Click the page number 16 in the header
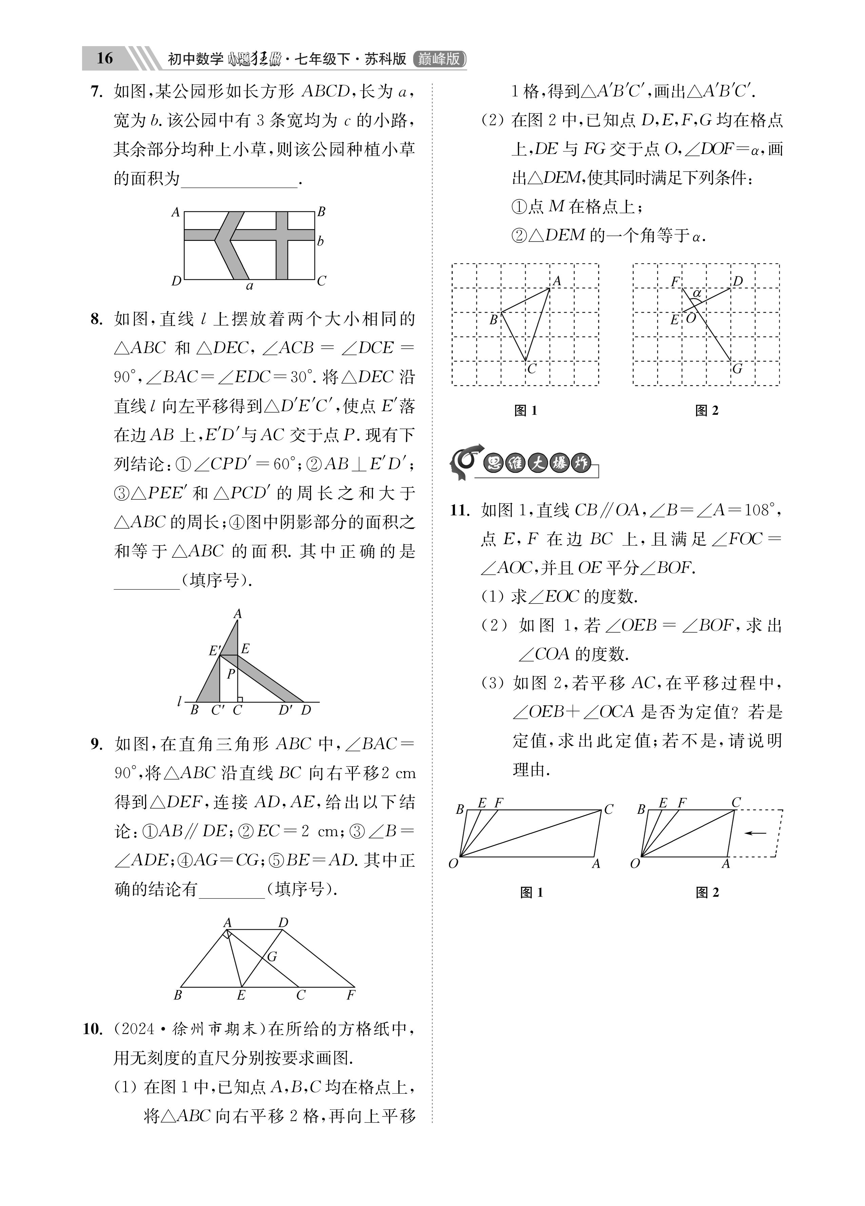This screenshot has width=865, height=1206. click(105, 58)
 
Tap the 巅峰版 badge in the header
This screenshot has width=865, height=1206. click(439, 58)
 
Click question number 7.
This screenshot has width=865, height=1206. click(96, 92)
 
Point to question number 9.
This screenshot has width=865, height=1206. click(96, 744)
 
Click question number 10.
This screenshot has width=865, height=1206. click(93, 1030)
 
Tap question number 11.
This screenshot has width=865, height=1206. click(460, 511)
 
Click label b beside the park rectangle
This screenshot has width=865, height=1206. click(320, 242)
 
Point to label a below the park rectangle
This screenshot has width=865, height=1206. click(249, 287)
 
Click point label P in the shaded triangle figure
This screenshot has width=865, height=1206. click(231, 675)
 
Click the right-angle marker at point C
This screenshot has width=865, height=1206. click(240, 699)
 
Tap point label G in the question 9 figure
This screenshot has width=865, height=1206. click(272, 957)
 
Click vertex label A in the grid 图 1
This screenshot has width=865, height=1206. click(557, 281)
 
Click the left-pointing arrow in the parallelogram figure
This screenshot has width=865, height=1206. click(755, 833)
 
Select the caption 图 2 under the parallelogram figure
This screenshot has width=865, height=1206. click(707, 893)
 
